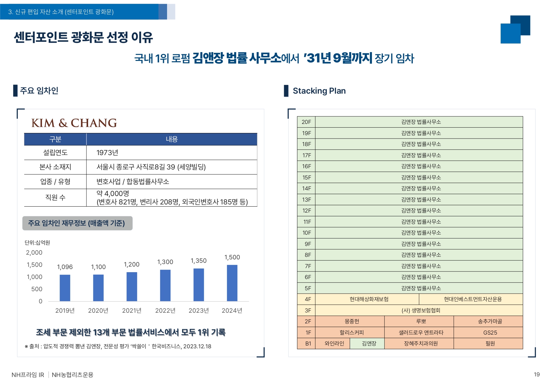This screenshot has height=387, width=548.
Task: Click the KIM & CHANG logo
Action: (74, 123)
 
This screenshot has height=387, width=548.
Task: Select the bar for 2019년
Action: (65, 288)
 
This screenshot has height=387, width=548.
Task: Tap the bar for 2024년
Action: (232, 283)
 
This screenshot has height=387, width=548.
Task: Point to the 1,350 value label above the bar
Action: (199, 261)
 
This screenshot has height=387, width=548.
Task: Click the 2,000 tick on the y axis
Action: (34, 252)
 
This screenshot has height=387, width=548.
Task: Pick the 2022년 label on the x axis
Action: (165, 311)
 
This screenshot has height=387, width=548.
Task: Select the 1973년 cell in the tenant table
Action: (107, 153)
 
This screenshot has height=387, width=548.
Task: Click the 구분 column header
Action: (55, 139)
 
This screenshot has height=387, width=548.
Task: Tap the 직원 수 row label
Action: (55, 198)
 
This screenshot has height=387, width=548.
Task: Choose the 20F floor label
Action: (306, 122)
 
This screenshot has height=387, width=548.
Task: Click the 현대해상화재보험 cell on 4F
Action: (369, 299)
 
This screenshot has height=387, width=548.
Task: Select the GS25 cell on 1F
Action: (490, 333)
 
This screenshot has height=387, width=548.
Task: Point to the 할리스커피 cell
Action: (352, 333)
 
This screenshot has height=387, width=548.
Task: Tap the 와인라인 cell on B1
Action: (334, 344)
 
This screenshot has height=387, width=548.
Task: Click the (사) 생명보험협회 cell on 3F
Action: (421, 311)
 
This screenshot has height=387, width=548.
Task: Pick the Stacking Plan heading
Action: (319, 91)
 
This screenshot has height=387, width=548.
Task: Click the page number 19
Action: (536, 375)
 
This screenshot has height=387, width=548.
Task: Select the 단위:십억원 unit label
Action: (37, 243)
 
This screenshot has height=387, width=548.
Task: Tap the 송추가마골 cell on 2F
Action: (490, 321)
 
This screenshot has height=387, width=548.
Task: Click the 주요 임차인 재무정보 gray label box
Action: (77, 223)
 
